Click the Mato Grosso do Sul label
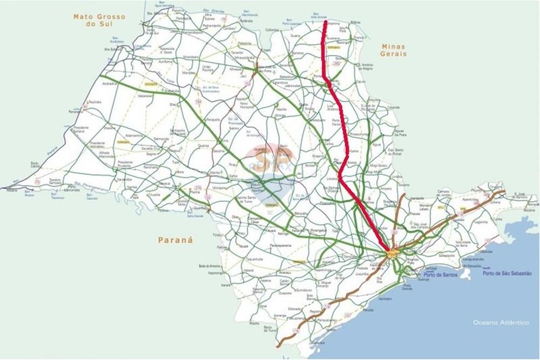(99, 21)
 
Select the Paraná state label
(175, 240)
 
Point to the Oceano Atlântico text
(501, 322)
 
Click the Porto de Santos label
(440, 275)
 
